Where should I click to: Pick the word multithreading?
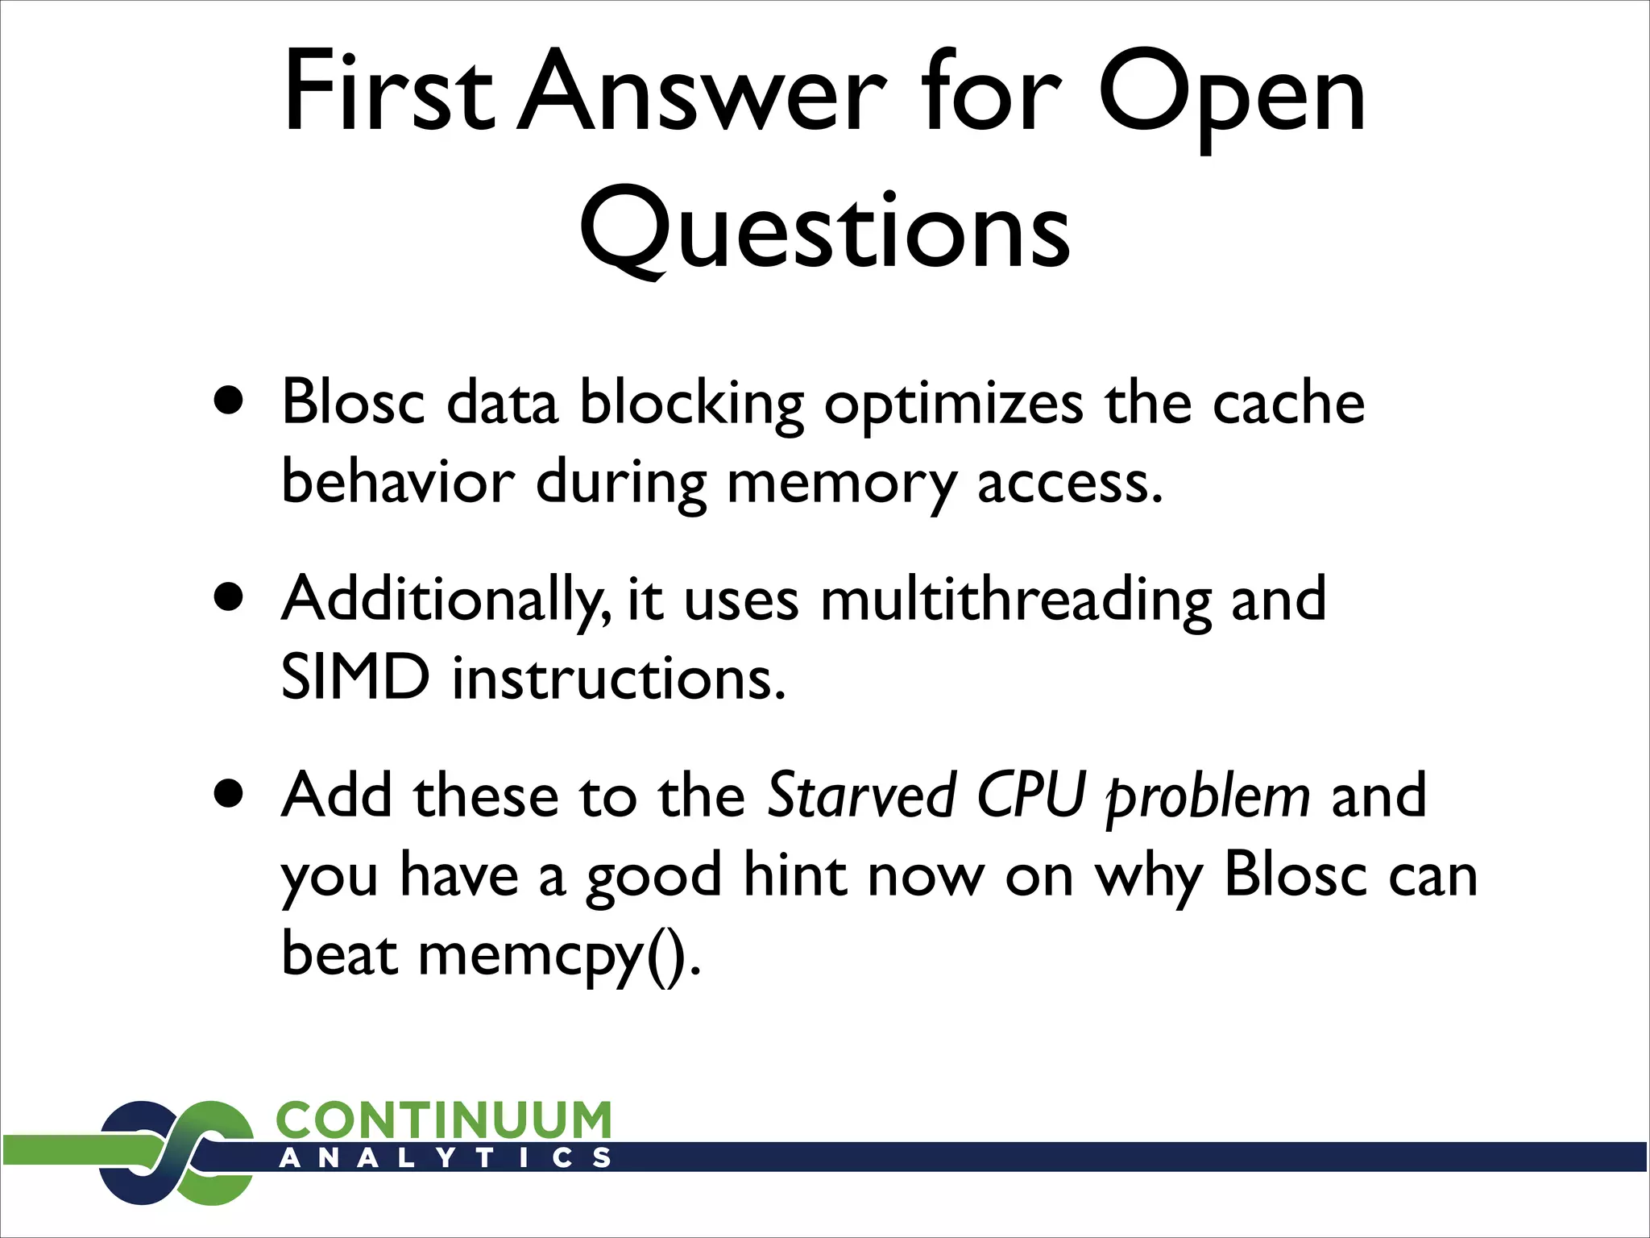tap(1015, 600)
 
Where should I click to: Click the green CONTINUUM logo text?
tap(443, 1120)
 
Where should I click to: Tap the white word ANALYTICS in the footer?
tap(445, 1158)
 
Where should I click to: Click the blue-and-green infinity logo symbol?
tap(177, 1153)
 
